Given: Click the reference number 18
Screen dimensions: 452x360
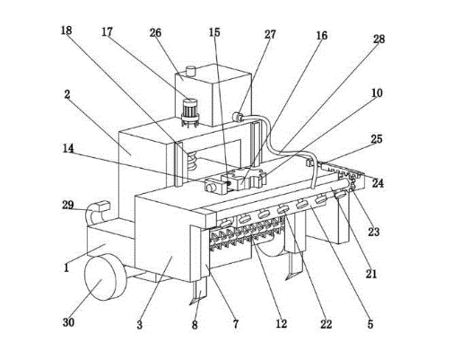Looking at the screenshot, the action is pos(66,31).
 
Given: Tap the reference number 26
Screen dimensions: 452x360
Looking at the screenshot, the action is pos(155,32).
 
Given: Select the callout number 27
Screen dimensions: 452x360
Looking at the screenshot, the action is pos(270,34).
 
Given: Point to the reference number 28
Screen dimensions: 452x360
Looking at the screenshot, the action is pos(379,39).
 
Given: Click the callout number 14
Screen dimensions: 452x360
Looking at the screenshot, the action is pos(68,148).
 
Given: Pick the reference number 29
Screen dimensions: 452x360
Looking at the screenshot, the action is pos(68,205).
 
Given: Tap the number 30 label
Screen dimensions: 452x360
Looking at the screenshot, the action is pos(68,322).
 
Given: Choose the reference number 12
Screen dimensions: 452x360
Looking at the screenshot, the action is pos(282,323).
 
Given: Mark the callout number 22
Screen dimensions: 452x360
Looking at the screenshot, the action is pos(326,323).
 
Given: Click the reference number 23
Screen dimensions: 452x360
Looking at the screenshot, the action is pos(374,232).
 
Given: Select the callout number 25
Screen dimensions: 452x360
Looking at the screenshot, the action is pos(377,139).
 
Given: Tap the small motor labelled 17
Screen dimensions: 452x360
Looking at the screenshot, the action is pos(190,113).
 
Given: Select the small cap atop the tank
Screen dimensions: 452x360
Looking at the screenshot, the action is pos(190,72).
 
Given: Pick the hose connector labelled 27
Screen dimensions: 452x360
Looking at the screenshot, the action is pos(238,117).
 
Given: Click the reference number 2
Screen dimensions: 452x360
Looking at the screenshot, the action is pos(67,94).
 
